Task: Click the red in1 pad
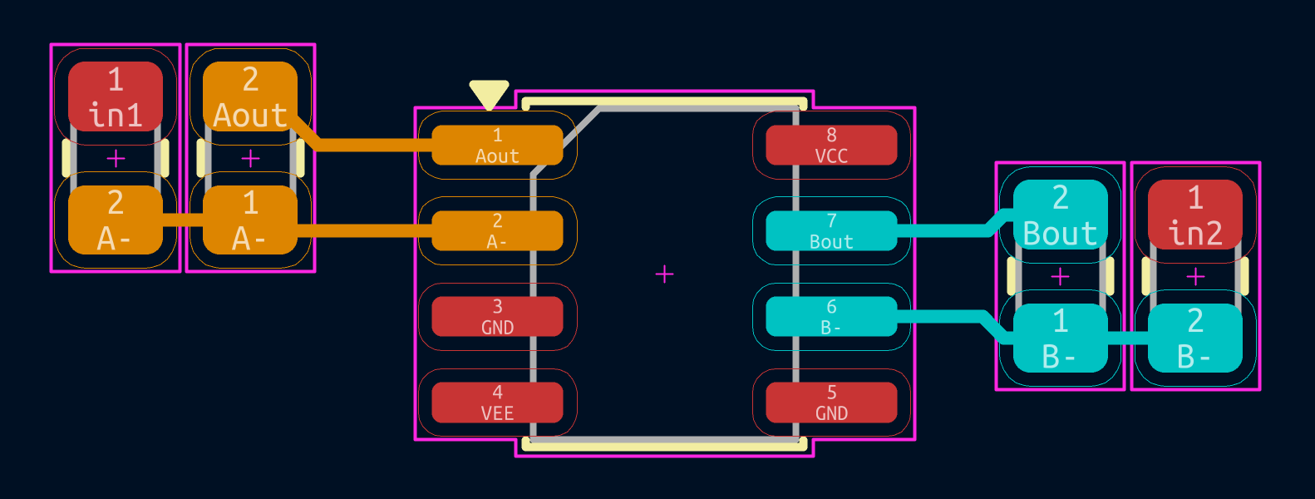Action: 116,96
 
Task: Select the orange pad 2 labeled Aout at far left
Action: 250,96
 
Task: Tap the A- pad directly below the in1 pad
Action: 116,220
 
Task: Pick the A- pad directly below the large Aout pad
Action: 250,220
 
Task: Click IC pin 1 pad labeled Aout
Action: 497,146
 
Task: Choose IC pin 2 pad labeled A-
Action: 497,231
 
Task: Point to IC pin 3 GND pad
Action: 497,317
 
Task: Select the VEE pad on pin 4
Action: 497,403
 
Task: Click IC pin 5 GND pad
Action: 831,403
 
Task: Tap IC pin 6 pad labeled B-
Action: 831,317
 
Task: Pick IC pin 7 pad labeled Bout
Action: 831,231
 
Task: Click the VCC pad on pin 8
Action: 831,146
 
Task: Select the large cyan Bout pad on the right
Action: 1060,215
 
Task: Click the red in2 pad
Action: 1195,215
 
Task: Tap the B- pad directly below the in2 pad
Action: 1195,338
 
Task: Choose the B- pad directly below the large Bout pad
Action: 1060,338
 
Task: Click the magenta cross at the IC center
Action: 664,274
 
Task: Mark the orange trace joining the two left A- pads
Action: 183,220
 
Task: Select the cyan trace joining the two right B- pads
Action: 1127,338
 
